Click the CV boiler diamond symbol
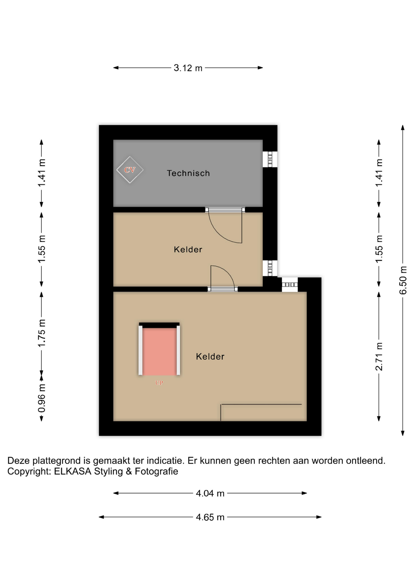130,170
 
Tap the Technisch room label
188,173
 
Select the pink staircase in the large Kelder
159,349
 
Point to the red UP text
159,383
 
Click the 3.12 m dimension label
188,68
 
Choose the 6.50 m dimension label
403,280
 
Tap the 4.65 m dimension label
210,517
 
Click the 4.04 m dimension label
210,493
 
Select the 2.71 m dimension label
379,356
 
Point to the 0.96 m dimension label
41,398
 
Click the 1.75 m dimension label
41,333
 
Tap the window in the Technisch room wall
270,159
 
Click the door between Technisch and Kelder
225,225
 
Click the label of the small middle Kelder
188,250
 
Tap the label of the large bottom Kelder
210,356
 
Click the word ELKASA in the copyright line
73,471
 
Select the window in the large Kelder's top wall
290,285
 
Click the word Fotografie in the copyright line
156,471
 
